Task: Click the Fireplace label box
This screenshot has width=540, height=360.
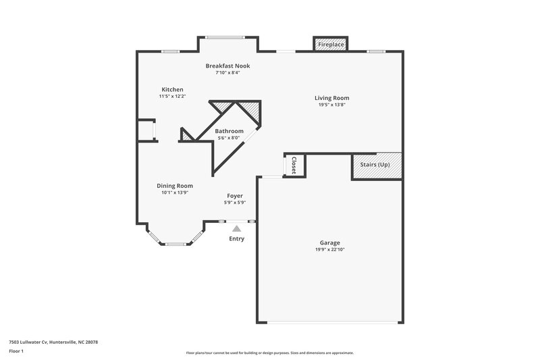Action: point(331,45)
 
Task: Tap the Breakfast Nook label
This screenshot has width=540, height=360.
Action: point(227,66)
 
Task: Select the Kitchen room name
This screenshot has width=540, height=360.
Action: point(172,89)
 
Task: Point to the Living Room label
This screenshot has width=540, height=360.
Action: point(331,98)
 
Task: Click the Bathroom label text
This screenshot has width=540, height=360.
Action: point(229,131)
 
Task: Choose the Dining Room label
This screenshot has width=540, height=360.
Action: point(175,186)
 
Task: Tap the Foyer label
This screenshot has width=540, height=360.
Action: point(234,196)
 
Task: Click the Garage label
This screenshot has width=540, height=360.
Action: point(329,242)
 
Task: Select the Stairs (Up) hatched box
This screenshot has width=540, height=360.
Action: point(376,165)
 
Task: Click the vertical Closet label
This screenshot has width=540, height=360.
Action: point(294,165)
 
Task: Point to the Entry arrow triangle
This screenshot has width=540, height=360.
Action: point(236,230)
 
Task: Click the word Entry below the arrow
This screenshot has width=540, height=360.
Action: point(236,238)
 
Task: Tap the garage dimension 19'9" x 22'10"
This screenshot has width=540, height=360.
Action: point(329,249)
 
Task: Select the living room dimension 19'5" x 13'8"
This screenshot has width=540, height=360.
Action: point(331,105)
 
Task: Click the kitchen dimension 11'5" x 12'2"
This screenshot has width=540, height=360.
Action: point(172,96)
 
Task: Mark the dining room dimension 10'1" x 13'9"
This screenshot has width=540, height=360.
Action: point(175,192)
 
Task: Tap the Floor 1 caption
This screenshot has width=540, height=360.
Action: point(16,351)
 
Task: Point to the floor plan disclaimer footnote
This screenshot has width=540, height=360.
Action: point(269,353)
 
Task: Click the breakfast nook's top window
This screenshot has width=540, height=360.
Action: point(226,36)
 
